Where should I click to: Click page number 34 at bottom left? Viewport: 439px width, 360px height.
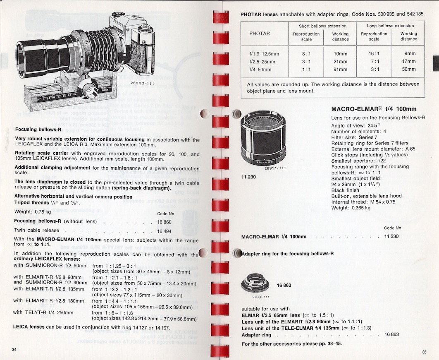(x=14, y=350)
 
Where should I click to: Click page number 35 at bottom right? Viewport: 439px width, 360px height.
(x=424, y=352)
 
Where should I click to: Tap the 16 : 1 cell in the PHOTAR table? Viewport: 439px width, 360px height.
(x=374, y=53)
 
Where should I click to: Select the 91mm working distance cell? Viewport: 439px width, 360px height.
(x=340, y=69)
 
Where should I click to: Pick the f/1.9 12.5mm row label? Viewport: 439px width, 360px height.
(x=264, y=53)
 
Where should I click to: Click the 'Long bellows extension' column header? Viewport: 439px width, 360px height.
(x=390, y=26)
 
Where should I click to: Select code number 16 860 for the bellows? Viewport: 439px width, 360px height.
(x=165, y=221)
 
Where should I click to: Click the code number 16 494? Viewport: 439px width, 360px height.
(x=165, y=230)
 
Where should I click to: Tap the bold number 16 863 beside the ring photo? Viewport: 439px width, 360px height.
(x=285, y=285)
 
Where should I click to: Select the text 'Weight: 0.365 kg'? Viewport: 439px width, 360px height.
(x=351, y=208)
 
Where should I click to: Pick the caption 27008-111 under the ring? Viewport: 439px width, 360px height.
(x=260, y=297)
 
